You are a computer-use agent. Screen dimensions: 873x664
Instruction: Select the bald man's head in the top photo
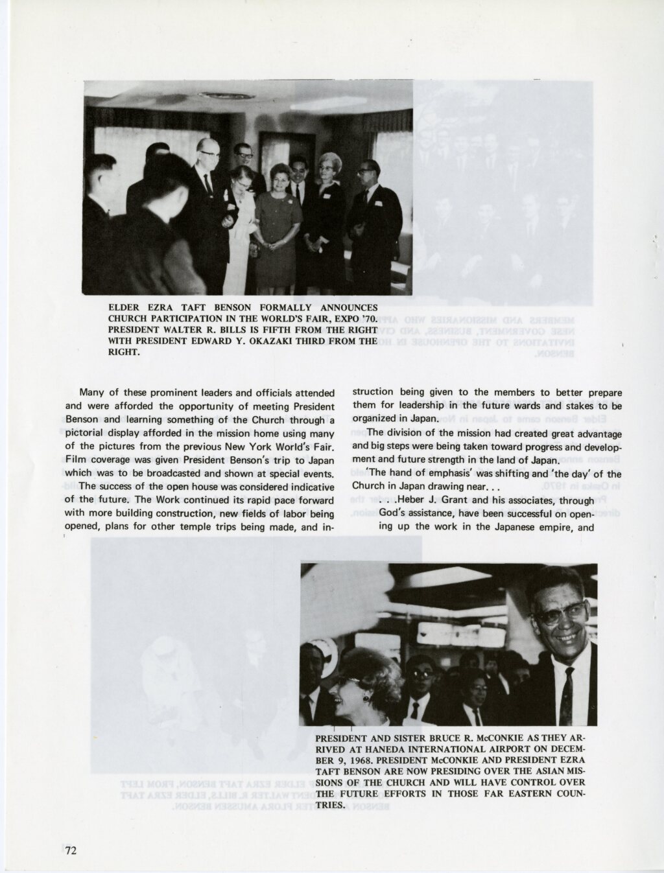click(209, 151)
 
